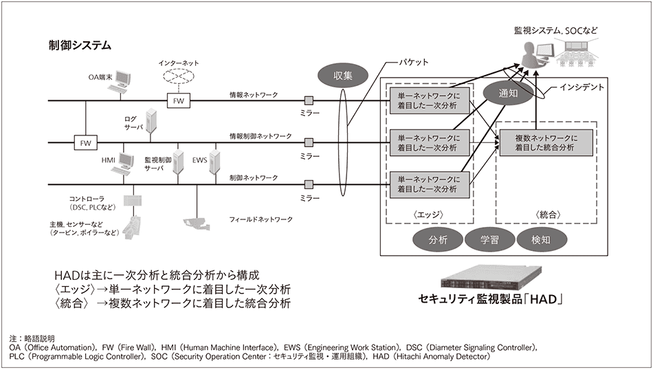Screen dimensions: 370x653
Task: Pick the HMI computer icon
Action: pos(126,162)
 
